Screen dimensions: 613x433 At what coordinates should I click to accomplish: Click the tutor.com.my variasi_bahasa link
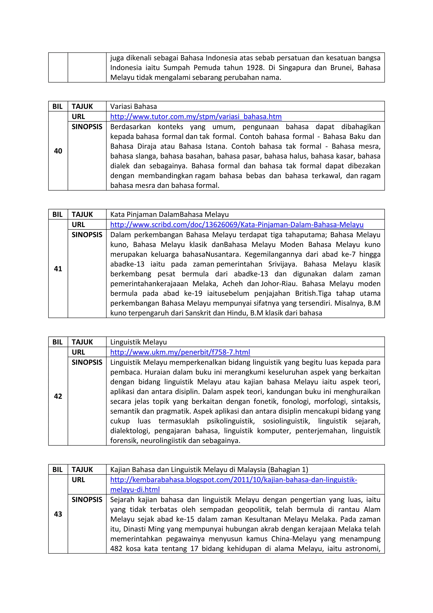click(196, 117)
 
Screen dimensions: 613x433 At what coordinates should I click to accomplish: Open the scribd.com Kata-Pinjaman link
click(237, 225)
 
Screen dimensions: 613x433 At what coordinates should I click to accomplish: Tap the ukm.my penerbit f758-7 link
click(180, 352)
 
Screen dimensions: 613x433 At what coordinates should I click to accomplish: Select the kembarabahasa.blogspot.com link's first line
click(234, 480)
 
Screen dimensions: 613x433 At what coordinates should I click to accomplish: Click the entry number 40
click(58, 151)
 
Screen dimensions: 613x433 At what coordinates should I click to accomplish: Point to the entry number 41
click(58, 269)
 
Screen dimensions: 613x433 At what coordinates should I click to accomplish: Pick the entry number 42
click(58, 396)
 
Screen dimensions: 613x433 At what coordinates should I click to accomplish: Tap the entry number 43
click(58, 514)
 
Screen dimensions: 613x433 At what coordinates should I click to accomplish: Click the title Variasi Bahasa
click(133, 106)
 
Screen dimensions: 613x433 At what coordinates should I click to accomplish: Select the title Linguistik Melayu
click(138, 342)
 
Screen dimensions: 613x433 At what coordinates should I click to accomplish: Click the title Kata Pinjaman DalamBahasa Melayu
click(169, 214)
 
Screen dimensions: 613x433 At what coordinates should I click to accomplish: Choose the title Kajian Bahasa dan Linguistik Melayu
click(209, 470)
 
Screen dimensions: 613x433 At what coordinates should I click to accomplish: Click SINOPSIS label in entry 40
click(87, 127)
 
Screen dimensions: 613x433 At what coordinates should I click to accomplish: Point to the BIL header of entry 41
click(57, 214)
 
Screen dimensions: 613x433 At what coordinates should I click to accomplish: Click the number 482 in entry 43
click(116, 549)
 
